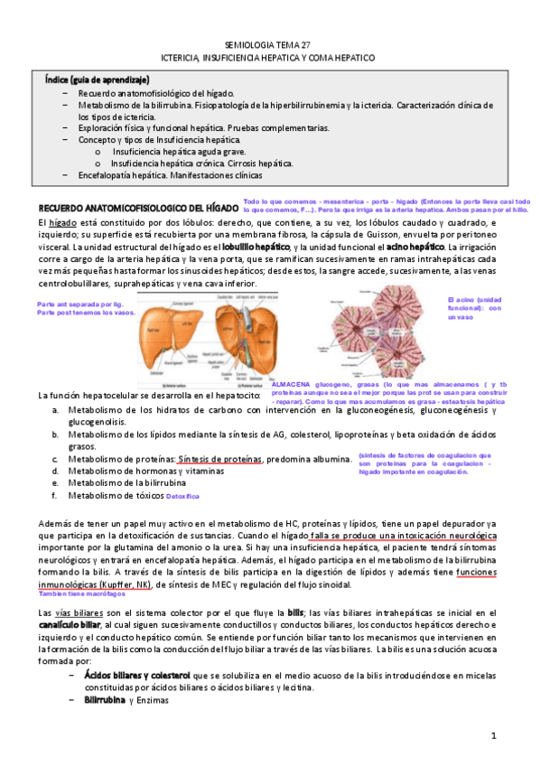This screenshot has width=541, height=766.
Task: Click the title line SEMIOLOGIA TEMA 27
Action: [x=269, y=43]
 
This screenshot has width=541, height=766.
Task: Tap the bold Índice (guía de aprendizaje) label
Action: [x=98, y=80]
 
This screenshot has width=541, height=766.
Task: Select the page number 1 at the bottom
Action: [x=494, y=736]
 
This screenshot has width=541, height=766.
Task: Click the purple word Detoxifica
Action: [x=183, y=496]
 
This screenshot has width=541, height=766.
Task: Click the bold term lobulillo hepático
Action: [x=256, y=247]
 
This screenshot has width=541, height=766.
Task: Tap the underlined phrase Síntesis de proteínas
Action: [x=220, y=459]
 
